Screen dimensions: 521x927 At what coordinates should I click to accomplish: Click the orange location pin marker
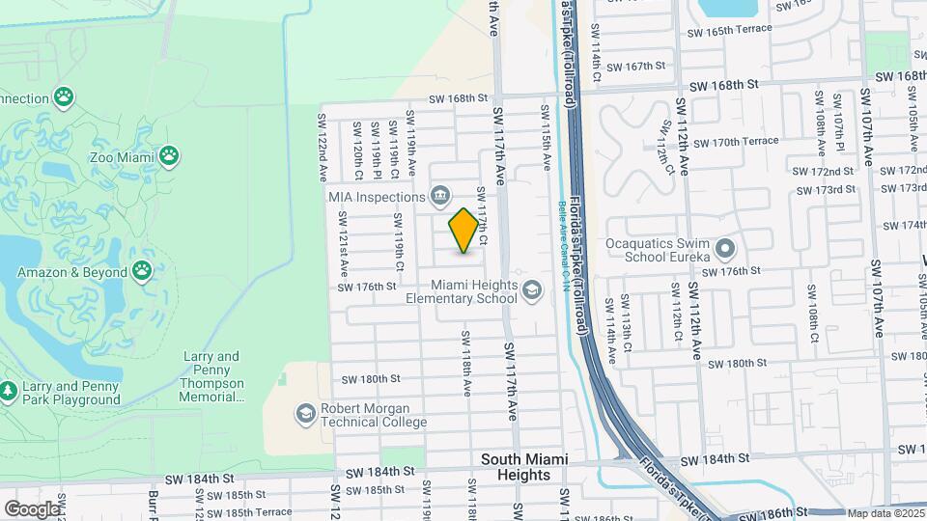(464, 231)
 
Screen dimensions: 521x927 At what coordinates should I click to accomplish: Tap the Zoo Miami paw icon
(169, 153)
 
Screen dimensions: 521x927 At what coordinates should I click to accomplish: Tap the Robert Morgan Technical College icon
(306, 414)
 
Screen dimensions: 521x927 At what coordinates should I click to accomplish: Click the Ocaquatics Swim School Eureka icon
(725, 250)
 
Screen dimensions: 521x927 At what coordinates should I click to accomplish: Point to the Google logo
(32, 508)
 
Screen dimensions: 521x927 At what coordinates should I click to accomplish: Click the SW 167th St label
(646, 66)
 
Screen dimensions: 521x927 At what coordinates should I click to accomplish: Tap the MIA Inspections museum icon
(439, 196)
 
